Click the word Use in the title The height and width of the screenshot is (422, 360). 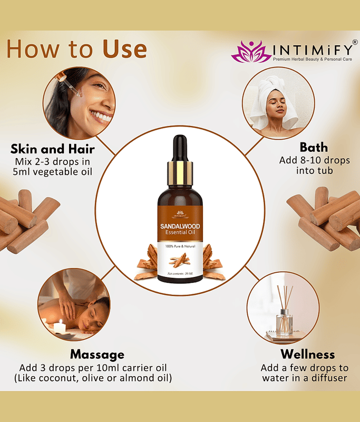[x=124, y=49]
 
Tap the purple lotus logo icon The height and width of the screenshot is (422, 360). [x=251, y=51]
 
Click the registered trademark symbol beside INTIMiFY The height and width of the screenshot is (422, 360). [x=355, y=42]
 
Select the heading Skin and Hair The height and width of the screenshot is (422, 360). [x=53, y=149]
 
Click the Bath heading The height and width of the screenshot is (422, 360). [x=314, y=148]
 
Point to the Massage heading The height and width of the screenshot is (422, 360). [x=97, y=354]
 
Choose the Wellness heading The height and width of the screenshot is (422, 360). [x=308, y=354]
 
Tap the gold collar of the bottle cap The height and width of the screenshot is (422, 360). [x=180, y=174]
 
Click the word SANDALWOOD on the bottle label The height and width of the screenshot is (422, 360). [x=180, y=226]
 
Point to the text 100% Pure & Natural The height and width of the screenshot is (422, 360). [x=180, y=246]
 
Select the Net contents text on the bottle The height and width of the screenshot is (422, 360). [x=180, y=274]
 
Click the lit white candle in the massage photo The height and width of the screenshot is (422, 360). [x=60, y=327]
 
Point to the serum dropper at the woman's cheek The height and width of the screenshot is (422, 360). [x=69, y=84]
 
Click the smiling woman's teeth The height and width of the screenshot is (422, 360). [x=101, y=116]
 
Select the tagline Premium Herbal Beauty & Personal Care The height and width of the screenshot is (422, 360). [x=313, y=59]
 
